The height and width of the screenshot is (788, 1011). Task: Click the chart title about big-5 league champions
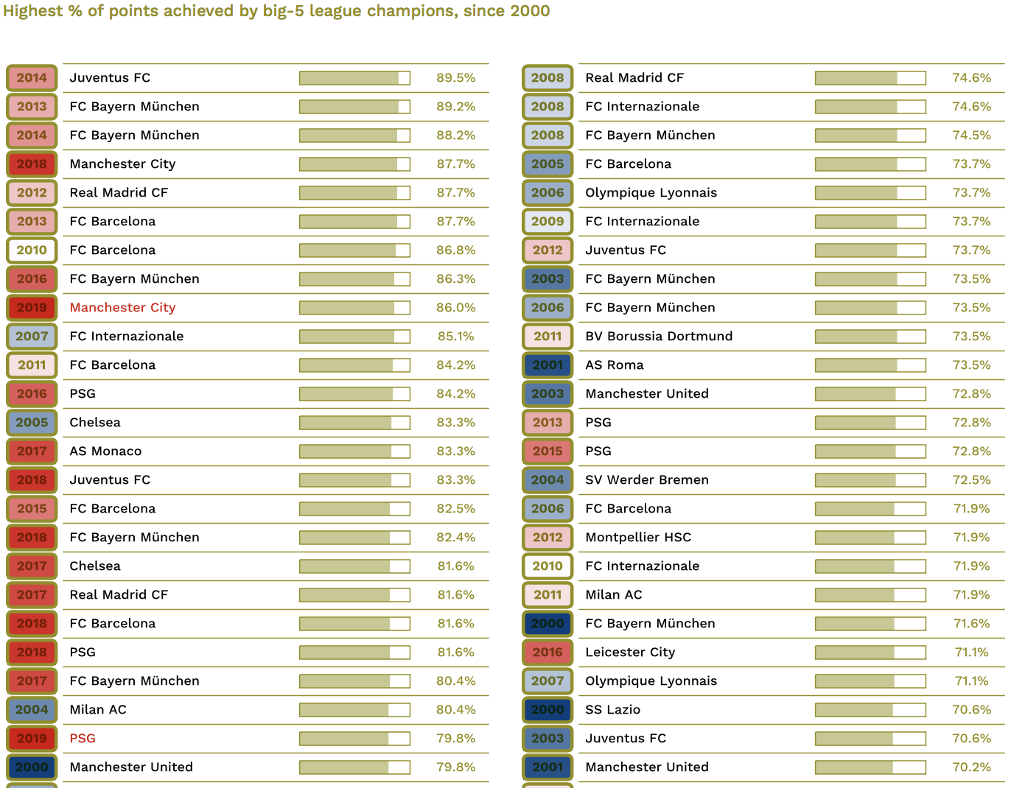tap(276, 11)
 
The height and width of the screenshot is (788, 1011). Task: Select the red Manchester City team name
tap(122, 308)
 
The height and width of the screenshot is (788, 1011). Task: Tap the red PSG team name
tap(83, 738)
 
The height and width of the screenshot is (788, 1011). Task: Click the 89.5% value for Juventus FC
tap(455, 78)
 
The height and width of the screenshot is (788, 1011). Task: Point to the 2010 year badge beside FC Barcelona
tap(32, 250)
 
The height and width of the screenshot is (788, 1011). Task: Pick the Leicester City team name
tap(630, 652)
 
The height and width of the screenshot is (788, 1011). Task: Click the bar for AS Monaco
tap(354, 451)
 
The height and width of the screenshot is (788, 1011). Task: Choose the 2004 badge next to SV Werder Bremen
tap(548, 479)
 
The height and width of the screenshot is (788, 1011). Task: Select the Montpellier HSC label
tap(638, 538)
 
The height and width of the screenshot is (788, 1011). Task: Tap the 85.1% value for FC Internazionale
tap(455, 337)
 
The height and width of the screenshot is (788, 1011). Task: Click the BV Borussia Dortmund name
tap(659, 336)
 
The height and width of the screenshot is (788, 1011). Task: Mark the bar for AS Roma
tap(870, 365)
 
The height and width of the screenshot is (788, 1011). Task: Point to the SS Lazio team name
tap(613, 710)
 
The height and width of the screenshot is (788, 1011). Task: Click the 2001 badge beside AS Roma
tap(548, 365)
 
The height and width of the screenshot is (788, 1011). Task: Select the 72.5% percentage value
tap(971, 480)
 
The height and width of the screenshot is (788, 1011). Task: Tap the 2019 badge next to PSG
tap(32, 738)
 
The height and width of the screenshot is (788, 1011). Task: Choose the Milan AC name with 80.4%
tap(98, 710)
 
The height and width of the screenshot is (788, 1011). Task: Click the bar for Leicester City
tap(870, 652)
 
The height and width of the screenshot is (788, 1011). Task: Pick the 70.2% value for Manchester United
tap(971, 767)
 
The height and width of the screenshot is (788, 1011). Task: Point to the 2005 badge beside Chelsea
tap(32, 423)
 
